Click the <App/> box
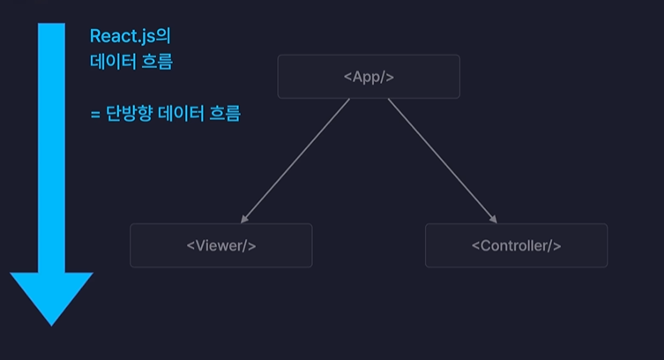click(x=369, y=77)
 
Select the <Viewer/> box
click(x=220, y=245)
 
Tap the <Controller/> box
click(x=516, y=245)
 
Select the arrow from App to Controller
click(x=442, y=160)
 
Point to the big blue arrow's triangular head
click(x=51, y=296)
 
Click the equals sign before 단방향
click(x=94, y=115)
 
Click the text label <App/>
click(x=369, y=77)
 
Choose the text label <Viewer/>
click(x=220, y=245)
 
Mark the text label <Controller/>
click(x=516, y=245)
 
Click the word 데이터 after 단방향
click(x=181, y=114)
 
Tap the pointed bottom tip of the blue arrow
click(x=51, y=323)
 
